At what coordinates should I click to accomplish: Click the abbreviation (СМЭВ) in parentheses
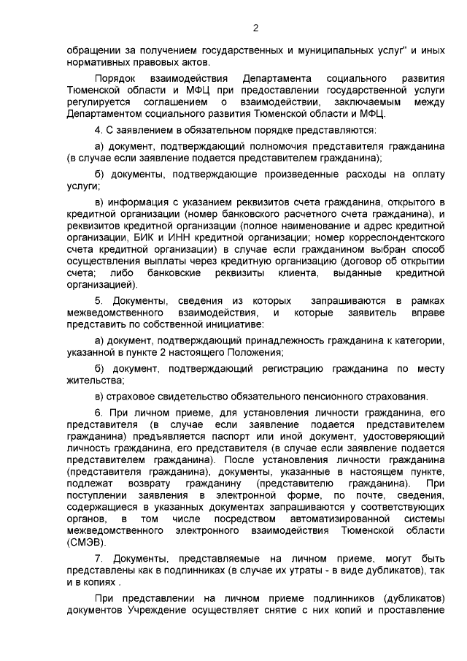[86, 543]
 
